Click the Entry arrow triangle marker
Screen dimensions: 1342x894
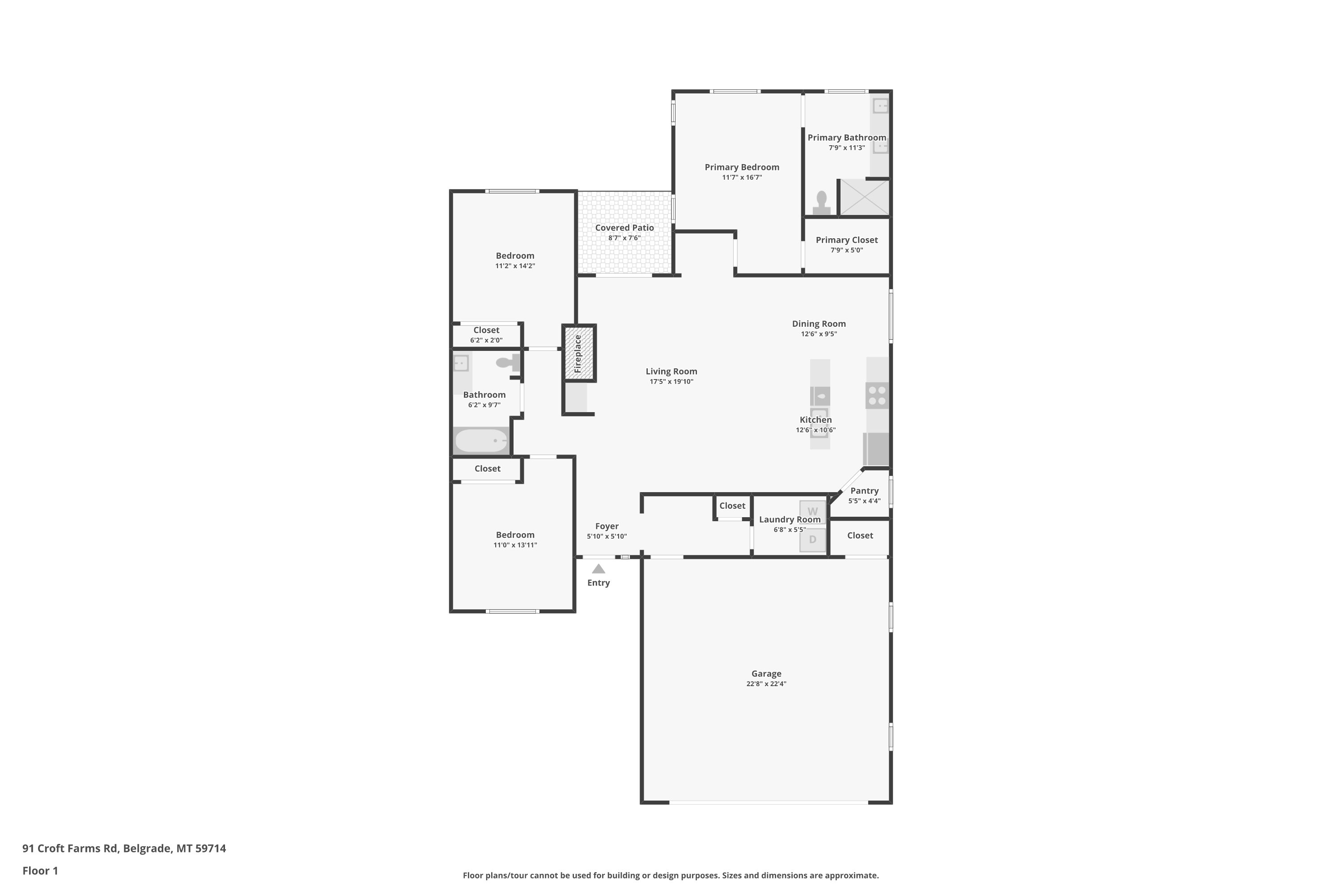[598, 569]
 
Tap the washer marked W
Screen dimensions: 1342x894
[812, 512]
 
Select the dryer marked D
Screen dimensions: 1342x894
[812, 540]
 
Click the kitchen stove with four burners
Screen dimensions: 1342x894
[878, 395]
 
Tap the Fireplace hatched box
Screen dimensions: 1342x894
[579, 353]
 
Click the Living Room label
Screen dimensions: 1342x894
[671, 371]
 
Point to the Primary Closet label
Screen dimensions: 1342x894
[847, 240]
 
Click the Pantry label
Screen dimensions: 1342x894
[864, 491]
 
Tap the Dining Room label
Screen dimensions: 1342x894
[819, 324]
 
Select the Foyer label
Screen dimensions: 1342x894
[607, 526]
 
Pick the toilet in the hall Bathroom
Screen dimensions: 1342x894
[508, 362]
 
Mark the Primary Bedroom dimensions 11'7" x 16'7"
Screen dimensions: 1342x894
[742, 177]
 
